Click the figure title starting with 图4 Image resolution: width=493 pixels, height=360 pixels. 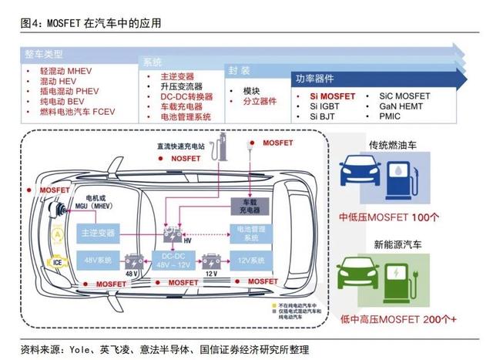pyautogui.click(x=91, y=22)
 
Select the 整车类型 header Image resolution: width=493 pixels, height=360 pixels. pyautogui.click(x=43, y=55)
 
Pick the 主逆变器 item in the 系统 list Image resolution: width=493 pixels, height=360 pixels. pyautogui.click(x=176, y=77)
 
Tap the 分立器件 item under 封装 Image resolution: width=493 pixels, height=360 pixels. pyautogui.click(x=259, y=102)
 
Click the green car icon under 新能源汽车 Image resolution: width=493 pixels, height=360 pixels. pyautogui.click(x=362, y=274)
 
